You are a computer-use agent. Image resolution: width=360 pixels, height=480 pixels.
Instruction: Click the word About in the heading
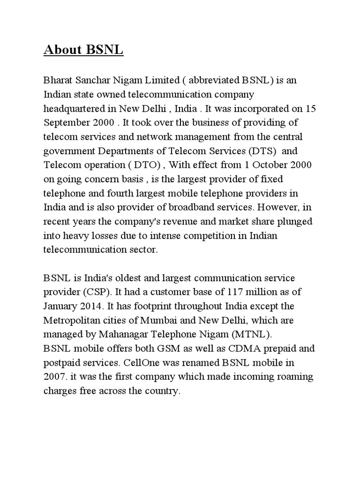[63, 50]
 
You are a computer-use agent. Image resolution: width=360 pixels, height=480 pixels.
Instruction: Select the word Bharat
[59, 80]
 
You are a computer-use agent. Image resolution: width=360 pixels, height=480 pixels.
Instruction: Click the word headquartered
[76, 108]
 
